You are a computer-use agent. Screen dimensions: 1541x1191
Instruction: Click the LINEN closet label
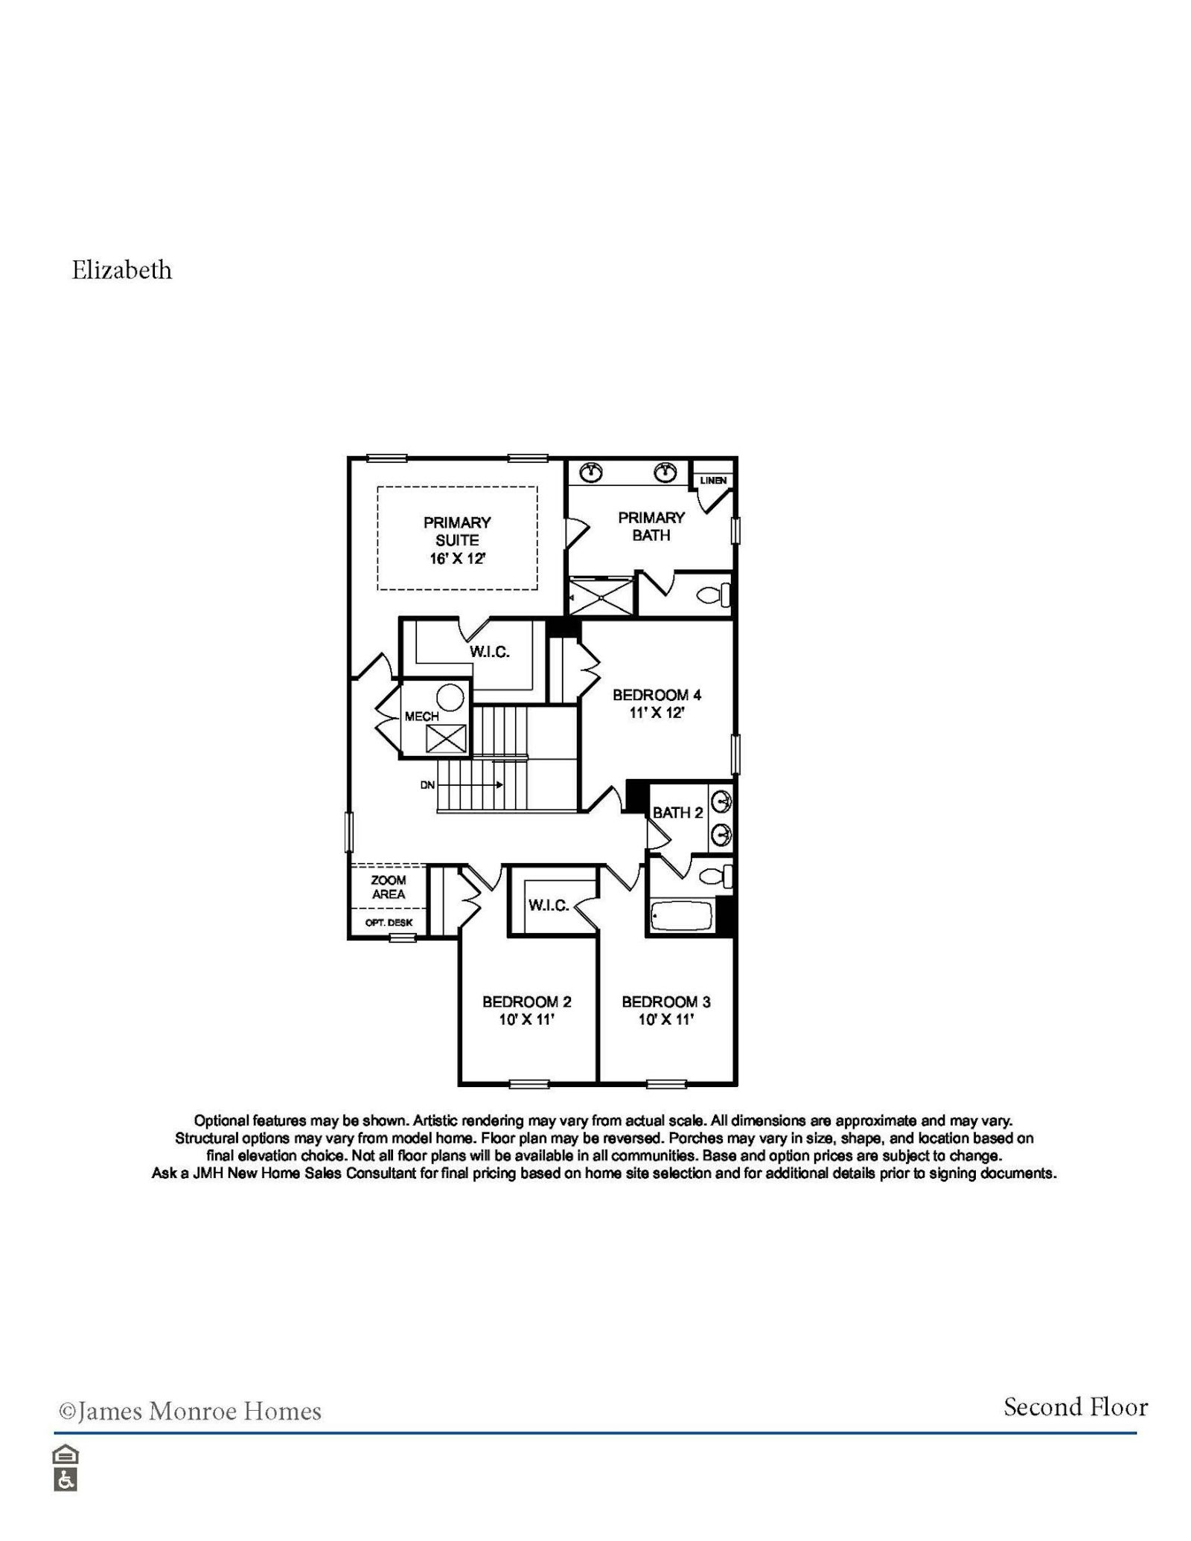point(713,481)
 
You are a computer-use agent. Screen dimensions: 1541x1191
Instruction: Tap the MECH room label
point(421,717)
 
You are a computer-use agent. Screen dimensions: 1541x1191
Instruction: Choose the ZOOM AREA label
point(389,887)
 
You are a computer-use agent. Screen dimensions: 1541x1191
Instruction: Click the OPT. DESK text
point(389,923)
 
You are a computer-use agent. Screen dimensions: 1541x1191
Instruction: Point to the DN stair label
point(427,785)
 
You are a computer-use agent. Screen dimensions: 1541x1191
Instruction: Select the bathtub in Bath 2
point(681,915)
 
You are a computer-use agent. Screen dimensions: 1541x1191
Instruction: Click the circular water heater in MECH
point(450,698)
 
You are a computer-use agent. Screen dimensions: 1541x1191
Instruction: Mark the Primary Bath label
point(651,526)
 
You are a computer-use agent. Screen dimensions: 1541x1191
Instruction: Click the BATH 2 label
point(677,813)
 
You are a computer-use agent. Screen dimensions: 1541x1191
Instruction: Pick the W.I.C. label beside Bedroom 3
point(549,905)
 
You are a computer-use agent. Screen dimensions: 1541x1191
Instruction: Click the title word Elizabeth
point(121,270)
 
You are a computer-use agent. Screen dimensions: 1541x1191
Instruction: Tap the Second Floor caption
point(1075,1407)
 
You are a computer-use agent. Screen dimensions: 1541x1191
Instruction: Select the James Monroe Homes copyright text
point(190,1412)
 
